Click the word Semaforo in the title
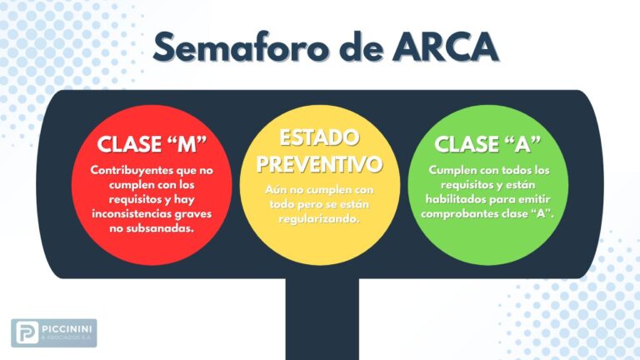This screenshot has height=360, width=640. pyautogui.click(x=241, y=47)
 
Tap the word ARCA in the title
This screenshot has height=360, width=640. pyautogui.click(x=445, y=47)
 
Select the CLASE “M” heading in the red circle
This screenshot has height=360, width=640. pyautogui.click(x=152, y=143)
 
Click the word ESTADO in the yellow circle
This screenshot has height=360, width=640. pyautogui.click(x=319, y=137)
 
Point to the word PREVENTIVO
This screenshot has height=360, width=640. pyautogui.click(x=319, y=163)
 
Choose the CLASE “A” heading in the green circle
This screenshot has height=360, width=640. pyautogui.click(x=487, y=143)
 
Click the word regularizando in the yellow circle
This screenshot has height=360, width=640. pyautogui.click(x=319, y=219)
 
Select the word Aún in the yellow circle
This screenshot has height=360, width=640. pyautogui.click(x=276, y=190)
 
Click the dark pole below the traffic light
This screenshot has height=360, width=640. pyautogui.click(x=322, y=319)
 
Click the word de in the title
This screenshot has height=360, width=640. pyautogui.click(x=361, y=47)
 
